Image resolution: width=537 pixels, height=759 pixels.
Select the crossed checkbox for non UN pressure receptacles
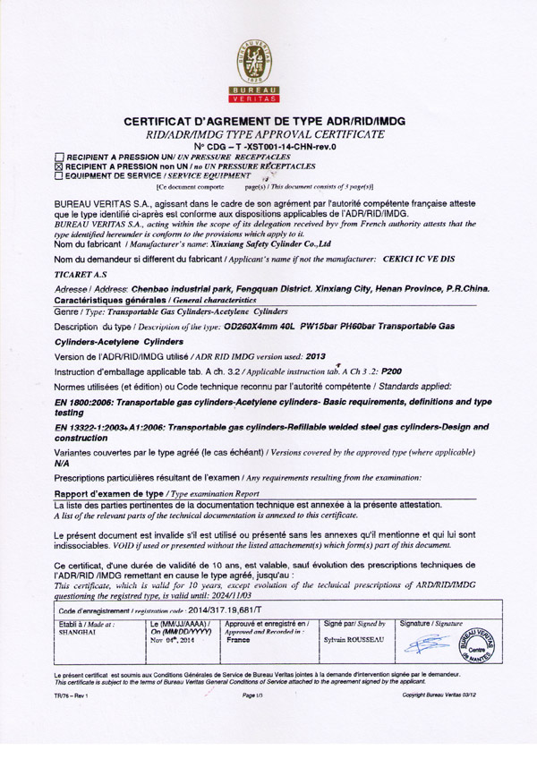pyautogui.click(x=60, y=166)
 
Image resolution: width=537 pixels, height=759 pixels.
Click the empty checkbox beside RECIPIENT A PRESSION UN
pyautogui.click(x=60, y=158)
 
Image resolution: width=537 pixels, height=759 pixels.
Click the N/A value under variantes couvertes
pyautogui.click(x=63, y=465)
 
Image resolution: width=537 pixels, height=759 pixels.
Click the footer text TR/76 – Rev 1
pyautogui.click(x=72, y=694)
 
